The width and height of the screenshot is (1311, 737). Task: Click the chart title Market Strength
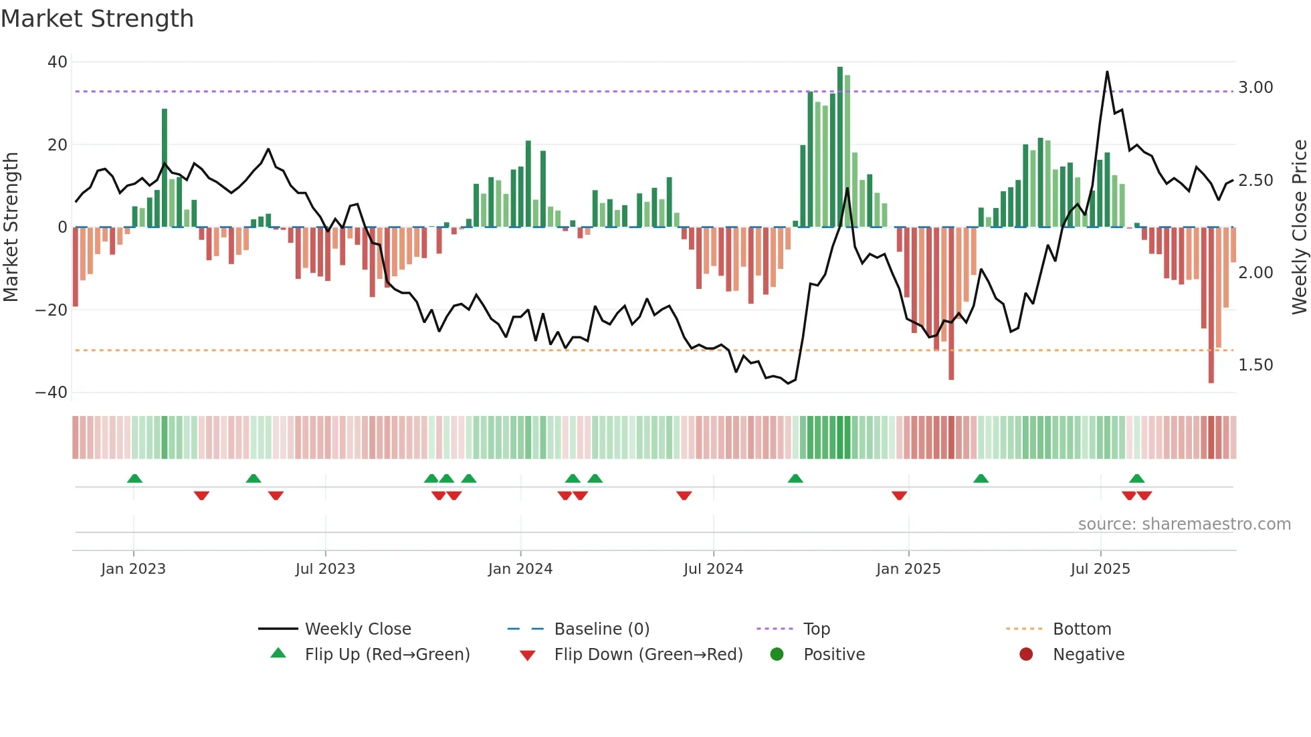(97, 19)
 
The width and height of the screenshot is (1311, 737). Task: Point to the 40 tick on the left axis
(58, 62)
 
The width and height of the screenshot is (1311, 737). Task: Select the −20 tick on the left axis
(52, 310)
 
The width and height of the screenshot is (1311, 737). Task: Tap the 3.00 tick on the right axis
(1255, 88)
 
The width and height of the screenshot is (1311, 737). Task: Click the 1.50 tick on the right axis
(1255, 365)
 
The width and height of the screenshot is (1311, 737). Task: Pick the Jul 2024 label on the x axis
(713, 569)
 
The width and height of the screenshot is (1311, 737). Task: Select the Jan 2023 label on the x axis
(133, 569)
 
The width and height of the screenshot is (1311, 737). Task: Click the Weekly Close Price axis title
(1299, 227)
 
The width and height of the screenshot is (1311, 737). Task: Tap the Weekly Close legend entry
(357, 629)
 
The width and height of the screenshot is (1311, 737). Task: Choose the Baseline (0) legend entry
(601, 629)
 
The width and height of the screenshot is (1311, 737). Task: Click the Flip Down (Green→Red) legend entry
(647, 655)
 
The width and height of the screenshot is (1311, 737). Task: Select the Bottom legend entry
(1082, 629)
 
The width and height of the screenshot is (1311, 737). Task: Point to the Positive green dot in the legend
(777, 655)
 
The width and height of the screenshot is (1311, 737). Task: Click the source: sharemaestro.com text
(1184, 524)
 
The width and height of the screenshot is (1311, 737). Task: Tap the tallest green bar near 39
(840, 147)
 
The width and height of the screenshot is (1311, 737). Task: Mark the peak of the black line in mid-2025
(1107, 72)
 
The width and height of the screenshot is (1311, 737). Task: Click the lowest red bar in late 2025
(1211, 305)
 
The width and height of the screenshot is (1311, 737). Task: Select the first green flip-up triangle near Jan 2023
(134, 479)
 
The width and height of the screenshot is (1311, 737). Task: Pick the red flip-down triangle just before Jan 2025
(899, 496)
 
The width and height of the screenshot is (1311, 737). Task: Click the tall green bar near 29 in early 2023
(165, 167)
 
